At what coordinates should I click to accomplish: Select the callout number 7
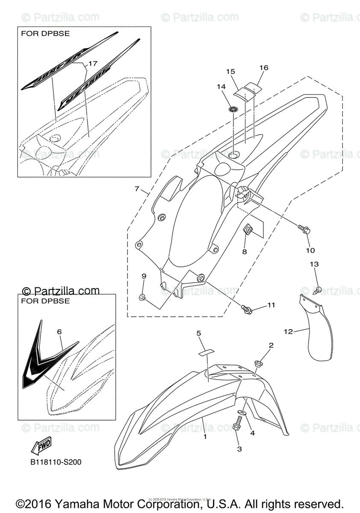click(x=137, y=189)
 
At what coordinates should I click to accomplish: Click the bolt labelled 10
click(x=306, y=230)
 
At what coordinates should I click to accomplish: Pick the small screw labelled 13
click(x=317, y=289)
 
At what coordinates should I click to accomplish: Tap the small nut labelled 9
click(x=142, y=297)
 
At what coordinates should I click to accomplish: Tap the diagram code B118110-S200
click(x=56, y=462)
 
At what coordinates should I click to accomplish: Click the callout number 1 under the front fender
click(x=205, y=437)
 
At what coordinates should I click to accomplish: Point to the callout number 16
click(x=263, y=68)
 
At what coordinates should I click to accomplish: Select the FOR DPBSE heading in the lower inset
click(x=45, y=301)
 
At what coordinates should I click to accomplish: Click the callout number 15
click(x=231, y=71)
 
